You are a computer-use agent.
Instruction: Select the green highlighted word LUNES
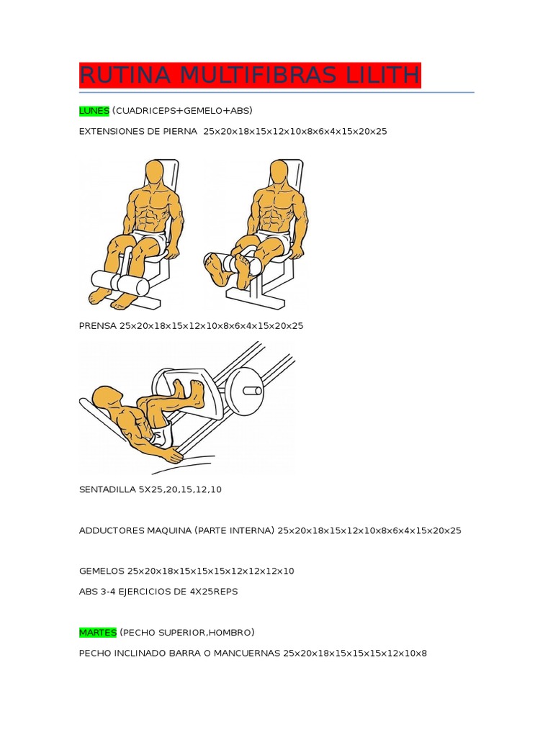pos(94,111)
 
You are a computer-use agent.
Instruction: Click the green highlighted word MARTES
pos(98,633)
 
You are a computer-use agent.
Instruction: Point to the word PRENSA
pos(98,326)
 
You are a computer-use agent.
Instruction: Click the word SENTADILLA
pos(107,489)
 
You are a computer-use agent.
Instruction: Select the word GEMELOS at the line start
pos(102,571)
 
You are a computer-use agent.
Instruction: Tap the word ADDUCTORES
pos(112,530)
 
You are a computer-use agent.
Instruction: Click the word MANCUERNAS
pos(247,654)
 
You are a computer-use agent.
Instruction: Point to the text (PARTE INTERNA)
pos(234,530)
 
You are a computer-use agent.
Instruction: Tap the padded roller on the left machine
pos(120,282)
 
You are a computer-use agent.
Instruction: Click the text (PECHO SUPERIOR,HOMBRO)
pos(187,633)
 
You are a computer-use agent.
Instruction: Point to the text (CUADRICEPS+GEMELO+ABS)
pos(182,111)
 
